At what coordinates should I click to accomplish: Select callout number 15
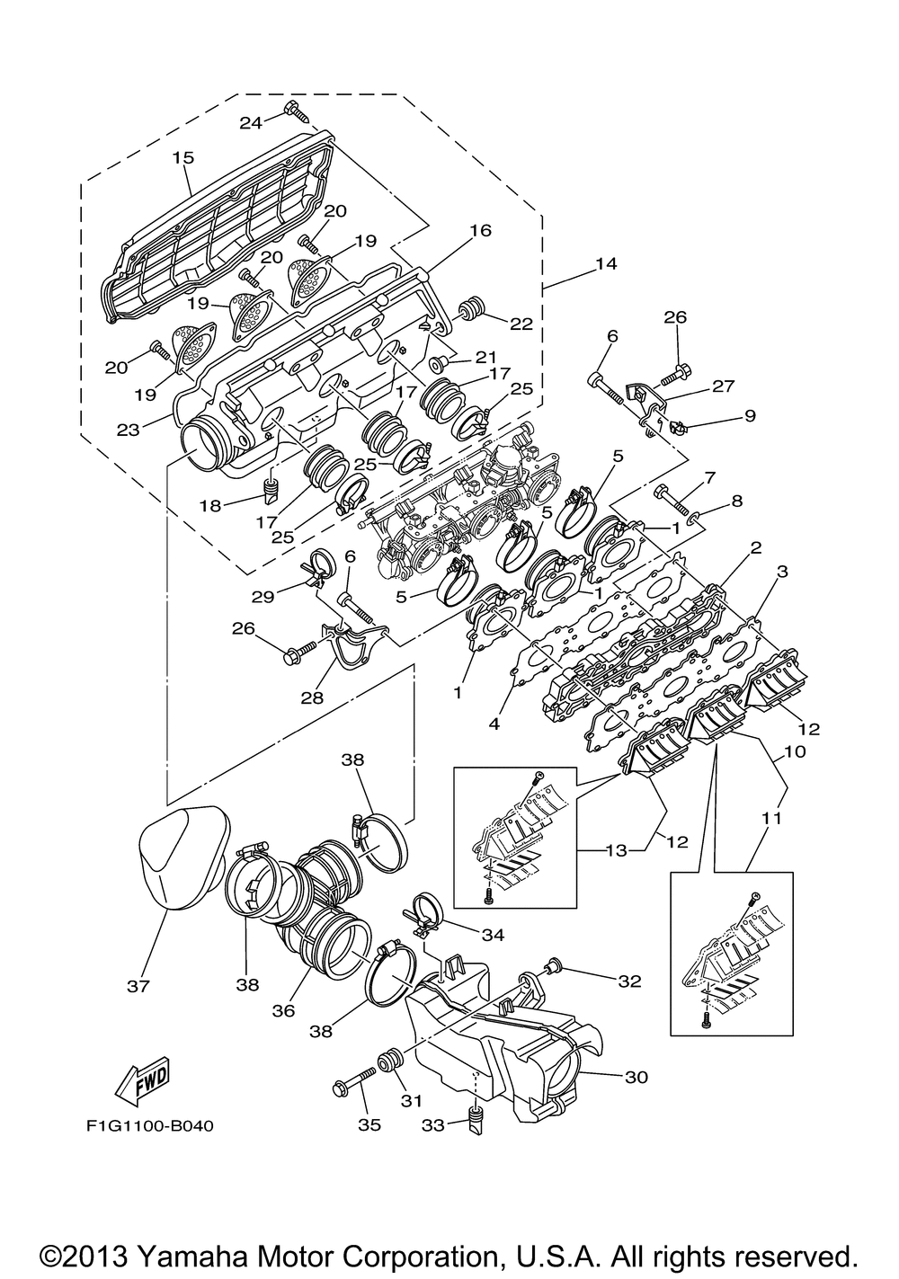tap(183, 157)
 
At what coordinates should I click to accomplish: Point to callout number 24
tap(251, 122)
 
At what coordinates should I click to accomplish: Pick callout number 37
tap(138, 1001)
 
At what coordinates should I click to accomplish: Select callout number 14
tap(606, 263)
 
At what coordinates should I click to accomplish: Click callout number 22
tap(521, 324)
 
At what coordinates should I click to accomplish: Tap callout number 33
tap(433, 1124)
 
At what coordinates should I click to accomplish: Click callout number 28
tap(313, 697)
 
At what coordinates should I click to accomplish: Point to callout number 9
tap(750, 415)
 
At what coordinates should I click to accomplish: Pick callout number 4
tap(494, 724)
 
